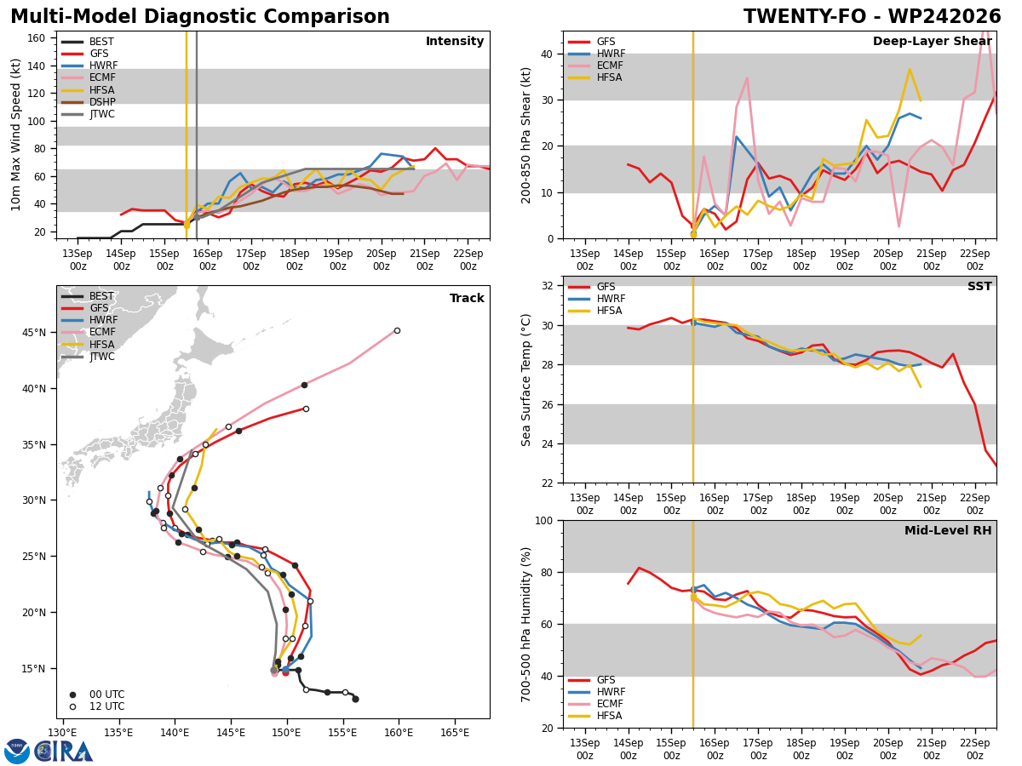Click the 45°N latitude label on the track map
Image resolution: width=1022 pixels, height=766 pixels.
pos(34,333)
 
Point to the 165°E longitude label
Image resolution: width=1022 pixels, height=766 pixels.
pos(454,733)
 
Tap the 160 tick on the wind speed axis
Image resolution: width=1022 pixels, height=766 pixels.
pos(36,38)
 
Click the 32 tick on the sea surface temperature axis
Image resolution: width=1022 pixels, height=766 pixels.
pos(548,286)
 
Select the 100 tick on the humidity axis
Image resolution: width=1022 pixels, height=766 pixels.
pos(545,521)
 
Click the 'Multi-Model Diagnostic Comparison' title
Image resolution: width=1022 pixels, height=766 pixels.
pos(200,17)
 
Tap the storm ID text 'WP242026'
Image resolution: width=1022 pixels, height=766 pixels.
pos(944,17)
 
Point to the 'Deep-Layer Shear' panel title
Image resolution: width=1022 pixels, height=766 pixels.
pos(932,42)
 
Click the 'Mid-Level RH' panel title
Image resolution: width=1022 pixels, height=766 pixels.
pos(948,530)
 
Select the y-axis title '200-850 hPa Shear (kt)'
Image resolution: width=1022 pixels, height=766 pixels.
pos(525,135)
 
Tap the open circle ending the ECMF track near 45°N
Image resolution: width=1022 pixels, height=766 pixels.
pos(397,331)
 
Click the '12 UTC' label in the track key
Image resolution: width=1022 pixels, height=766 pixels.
pos(107,706)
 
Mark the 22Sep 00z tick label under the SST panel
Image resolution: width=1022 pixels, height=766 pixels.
pos(975,504)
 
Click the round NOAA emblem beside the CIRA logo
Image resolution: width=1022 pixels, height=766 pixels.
pos(17,752)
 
